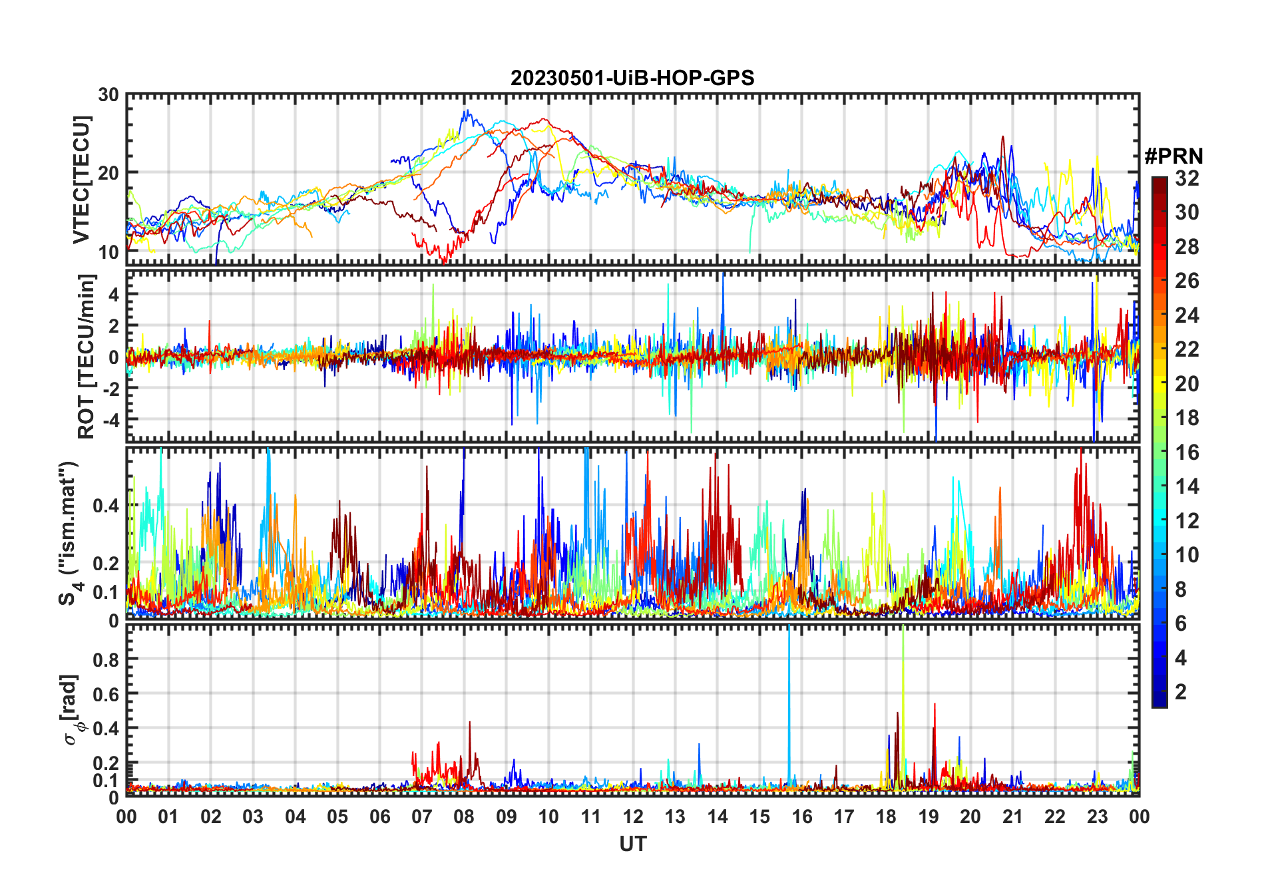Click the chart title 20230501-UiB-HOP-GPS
[x=632, y=79]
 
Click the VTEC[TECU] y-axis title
[x=81, y=180]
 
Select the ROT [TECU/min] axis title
[x=87, y=356]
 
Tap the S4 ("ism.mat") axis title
[x=69, y=533]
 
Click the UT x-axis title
[x=632, y=844]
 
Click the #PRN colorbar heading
[x=1173, y=156]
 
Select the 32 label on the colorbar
[x=1187, y=178]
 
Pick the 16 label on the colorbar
[x=1187, y=452]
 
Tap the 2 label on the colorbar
[x=1181, y=692]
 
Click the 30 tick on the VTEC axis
[x=108, y=95]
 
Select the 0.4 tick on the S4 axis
[x=106, y=505]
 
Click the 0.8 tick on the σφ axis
[x=106, y=659]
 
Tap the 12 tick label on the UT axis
[x=633, y=817]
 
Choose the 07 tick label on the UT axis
[x=422, y=817]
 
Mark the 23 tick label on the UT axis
[x=1097, y=817]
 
